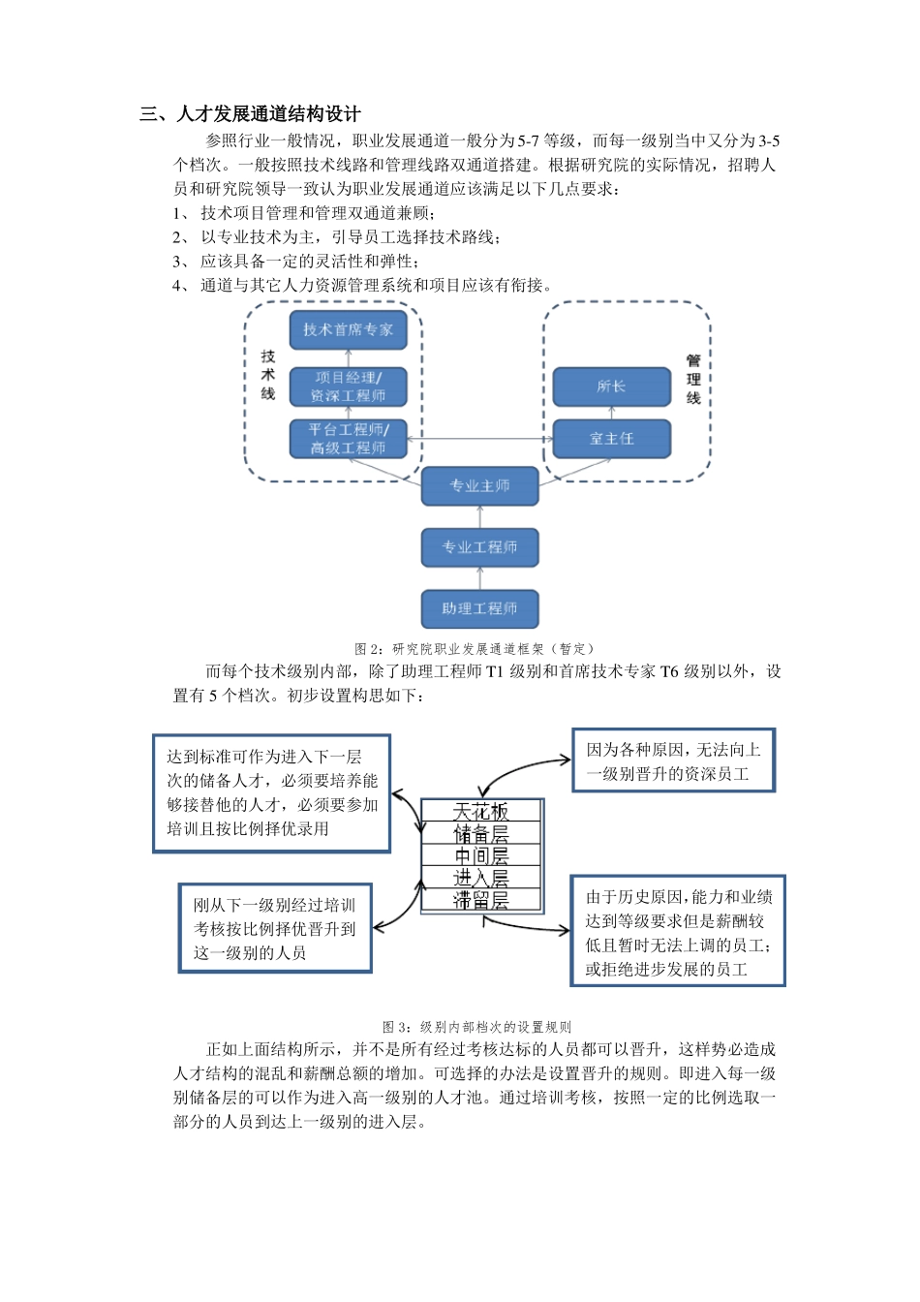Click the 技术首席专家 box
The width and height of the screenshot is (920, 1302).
348,329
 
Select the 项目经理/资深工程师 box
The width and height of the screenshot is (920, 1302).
348,387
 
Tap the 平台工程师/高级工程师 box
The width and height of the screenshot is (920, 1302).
348,439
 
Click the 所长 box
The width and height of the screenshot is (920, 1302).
611,387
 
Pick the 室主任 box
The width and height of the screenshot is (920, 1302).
611,439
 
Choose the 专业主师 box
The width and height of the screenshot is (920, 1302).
479,485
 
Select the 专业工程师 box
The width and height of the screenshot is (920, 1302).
479,547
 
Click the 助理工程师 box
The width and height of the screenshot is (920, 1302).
479,608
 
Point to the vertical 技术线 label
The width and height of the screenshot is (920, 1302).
268,375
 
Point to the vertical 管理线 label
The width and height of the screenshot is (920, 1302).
693,379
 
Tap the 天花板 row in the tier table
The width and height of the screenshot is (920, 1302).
480,811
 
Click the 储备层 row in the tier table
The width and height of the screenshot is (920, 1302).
480,833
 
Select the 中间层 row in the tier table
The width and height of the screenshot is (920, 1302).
480,855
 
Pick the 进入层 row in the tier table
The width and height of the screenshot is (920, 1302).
480,878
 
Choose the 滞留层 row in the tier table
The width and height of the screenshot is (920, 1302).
480,900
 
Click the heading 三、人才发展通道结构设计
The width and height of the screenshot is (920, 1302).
250,114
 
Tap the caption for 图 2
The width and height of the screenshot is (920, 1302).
474,649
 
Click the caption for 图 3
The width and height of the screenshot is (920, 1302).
476,1027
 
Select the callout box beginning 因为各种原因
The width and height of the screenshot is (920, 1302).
673,761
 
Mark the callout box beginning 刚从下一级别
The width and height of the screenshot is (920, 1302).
275,929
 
